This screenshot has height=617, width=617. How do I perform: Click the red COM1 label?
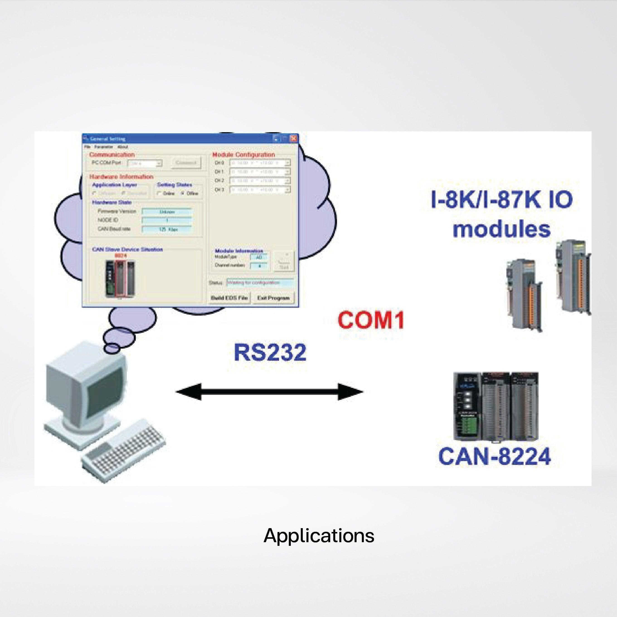pos(370,320)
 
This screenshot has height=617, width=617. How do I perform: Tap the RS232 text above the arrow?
pos(270,352)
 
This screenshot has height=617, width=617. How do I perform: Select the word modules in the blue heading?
pos(502,229)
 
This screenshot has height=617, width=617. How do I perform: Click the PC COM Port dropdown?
pos(145,163)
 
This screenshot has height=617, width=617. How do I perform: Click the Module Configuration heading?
pos(244,155)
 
